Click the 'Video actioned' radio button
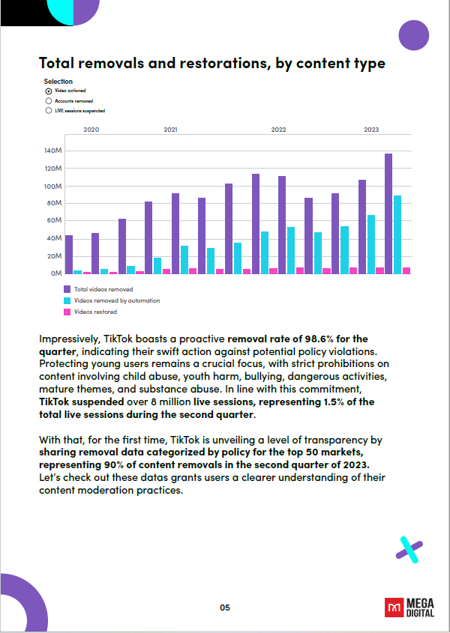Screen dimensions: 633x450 (x=49, y=90)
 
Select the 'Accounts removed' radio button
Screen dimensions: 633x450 (x=49, y=100)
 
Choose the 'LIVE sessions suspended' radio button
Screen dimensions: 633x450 (x=49, y=110)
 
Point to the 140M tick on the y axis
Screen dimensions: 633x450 (x=52, y=151)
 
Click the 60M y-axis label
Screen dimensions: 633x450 (x=54, y=221)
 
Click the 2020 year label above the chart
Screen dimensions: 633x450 (x=91, y=130)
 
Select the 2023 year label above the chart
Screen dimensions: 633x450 (x=371, y=130)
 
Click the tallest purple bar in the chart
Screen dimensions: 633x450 (x=388, y=213)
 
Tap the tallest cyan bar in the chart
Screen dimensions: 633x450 (x=397, y=234)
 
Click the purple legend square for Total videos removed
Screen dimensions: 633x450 (x=67, y=288)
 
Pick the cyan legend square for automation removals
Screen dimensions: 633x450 (x=67, y=300)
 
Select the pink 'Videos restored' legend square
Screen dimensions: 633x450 (x=67, y=311)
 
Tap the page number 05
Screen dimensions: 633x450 (x=225, y=608)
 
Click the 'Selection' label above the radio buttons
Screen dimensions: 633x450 (x=58, y=81)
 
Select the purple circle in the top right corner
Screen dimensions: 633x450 (x=413, y=34)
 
